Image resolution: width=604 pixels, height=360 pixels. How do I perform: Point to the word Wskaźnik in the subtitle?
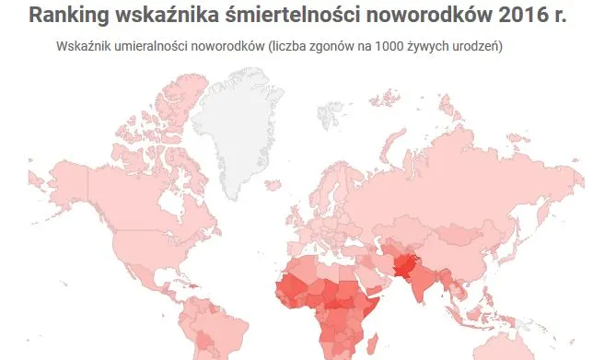tap(84, 46)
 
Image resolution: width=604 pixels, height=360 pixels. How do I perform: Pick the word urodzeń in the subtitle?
tap(480, 46)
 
